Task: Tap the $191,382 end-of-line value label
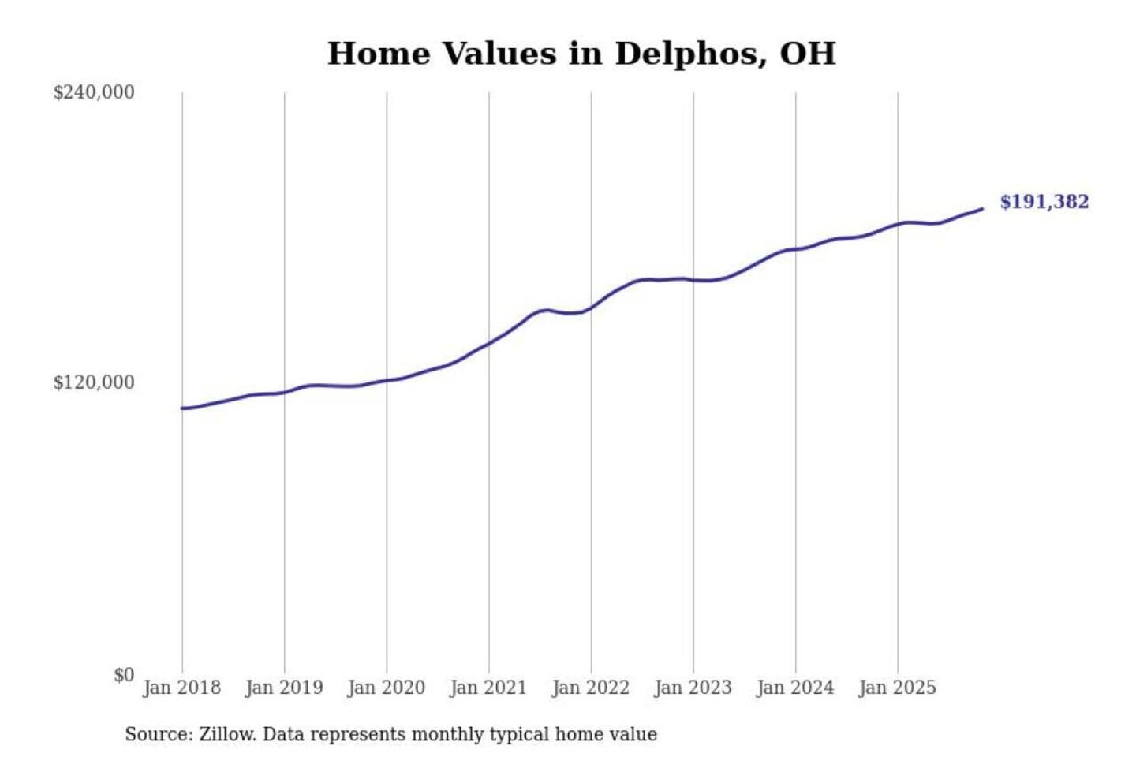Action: pos(1044,202)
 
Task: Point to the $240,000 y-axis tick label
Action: pos(94,92)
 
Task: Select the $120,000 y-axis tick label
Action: pos(94,382)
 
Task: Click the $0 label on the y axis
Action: pos(124,675)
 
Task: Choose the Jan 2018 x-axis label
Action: pos(181,688)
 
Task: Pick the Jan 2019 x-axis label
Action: pos(284,688)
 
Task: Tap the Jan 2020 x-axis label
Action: pos(386,688)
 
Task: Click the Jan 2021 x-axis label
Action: pos(488,688)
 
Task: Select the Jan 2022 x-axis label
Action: pos(591,688)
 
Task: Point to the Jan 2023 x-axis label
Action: pos(693,688)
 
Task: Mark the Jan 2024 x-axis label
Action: pos(795,688)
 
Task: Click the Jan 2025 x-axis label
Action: pos(897,688)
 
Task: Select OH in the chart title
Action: pos(807,54)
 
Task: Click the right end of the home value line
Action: pos(982,209)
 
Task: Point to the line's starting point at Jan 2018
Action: pos(182,408)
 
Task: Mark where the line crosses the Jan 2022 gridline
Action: pos(591,308)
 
